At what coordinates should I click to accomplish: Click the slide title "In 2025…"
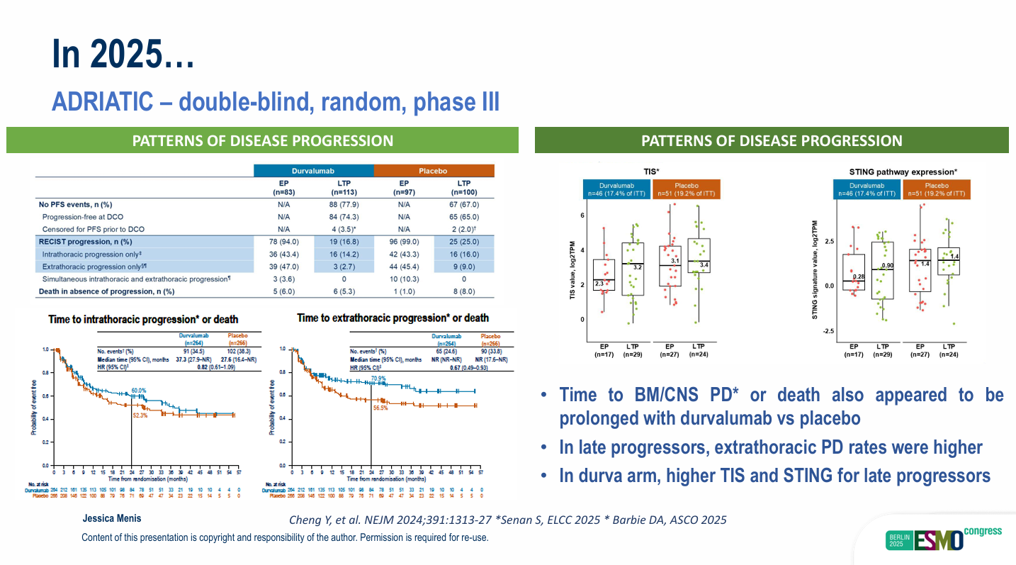point(123,55)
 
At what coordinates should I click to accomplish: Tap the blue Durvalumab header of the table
point(313,171)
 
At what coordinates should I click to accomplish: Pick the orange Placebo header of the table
point(434,171)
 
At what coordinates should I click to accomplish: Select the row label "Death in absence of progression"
point(107,291)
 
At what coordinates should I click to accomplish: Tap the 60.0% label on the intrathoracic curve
point(138,390)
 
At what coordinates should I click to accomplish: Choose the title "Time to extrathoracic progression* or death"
point(393,318)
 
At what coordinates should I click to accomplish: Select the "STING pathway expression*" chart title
point(903,172)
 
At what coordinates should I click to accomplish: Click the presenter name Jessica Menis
point(111,518)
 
